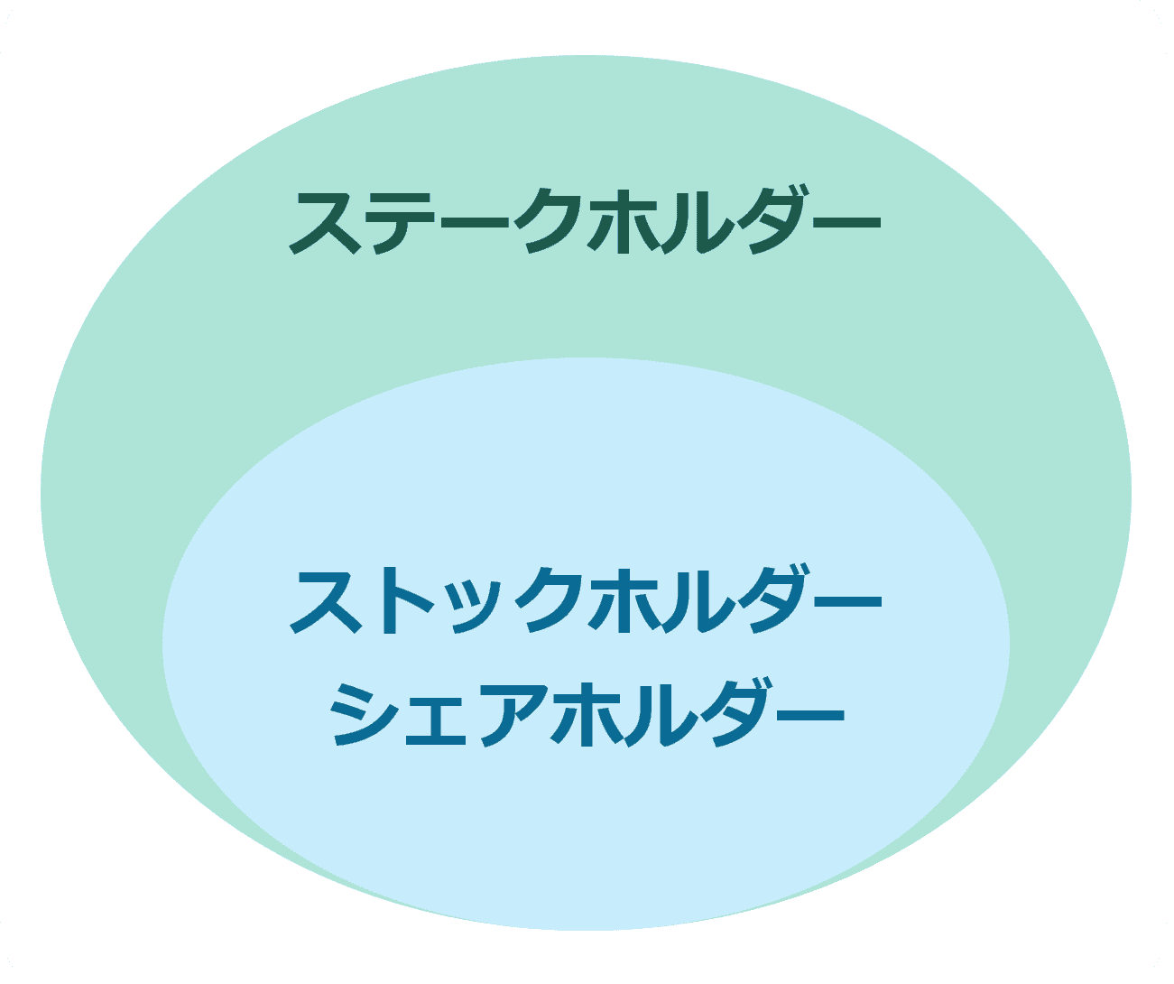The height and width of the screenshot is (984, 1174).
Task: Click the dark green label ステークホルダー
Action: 585,220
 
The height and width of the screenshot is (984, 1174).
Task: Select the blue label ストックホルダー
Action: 586,599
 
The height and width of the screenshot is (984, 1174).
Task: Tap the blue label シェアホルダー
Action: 587,712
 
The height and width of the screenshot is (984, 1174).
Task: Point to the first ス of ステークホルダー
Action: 325,222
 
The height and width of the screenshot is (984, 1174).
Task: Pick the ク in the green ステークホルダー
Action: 549,220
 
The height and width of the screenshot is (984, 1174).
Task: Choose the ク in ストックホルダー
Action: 549,599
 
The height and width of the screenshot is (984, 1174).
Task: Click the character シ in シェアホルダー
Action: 362,713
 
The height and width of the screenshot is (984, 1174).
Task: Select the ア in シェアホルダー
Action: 514,714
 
